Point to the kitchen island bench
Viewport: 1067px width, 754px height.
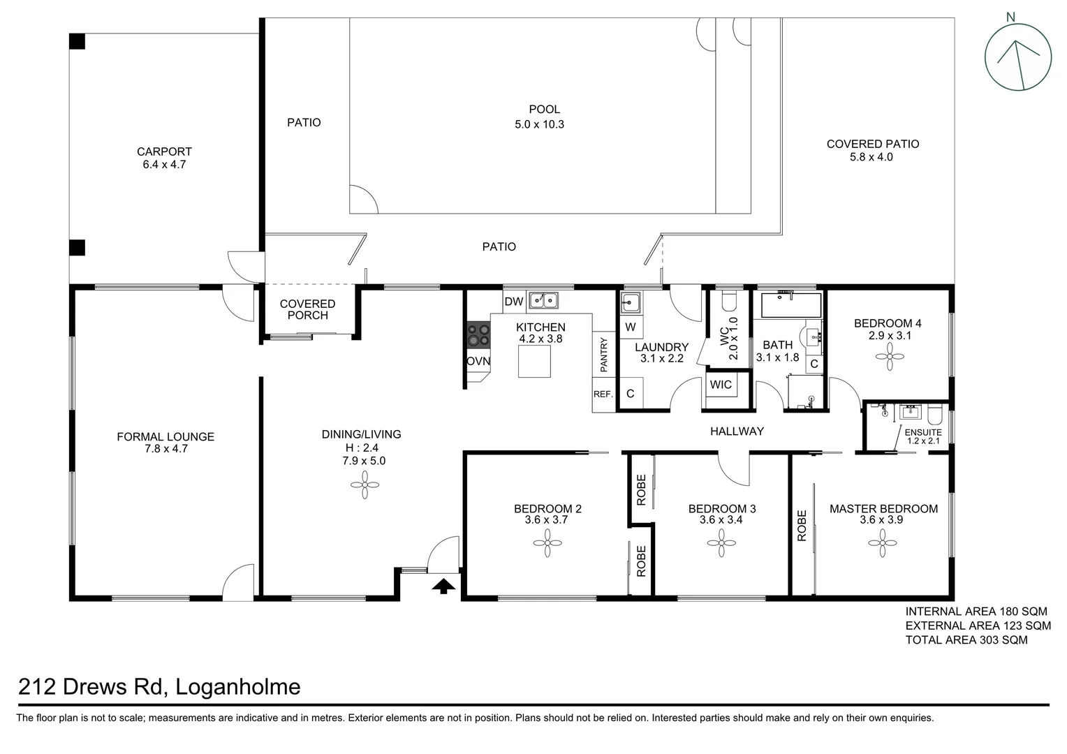tap(534, 361)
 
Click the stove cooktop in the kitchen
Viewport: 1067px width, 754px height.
tap(479, 334)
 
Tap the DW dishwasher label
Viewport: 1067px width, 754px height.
tap(513, 302)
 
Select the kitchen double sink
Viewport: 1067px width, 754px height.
tap(543, 300)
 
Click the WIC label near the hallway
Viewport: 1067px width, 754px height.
tap(721, 385)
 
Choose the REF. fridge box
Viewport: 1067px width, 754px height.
tap(603, 394)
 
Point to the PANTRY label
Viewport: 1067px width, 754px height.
tap(603, 354)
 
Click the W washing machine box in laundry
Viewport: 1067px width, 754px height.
tap(631, 327)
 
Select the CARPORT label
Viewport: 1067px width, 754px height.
tap(164, 151)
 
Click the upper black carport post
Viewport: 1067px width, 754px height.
tap(77, 41)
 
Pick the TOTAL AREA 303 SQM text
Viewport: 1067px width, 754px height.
tap(966, 640)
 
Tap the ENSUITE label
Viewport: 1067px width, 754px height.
tap(923, 432)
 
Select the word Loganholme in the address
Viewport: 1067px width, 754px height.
tap(237, 687)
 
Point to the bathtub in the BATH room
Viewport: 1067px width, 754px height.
tap(790, 305)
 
